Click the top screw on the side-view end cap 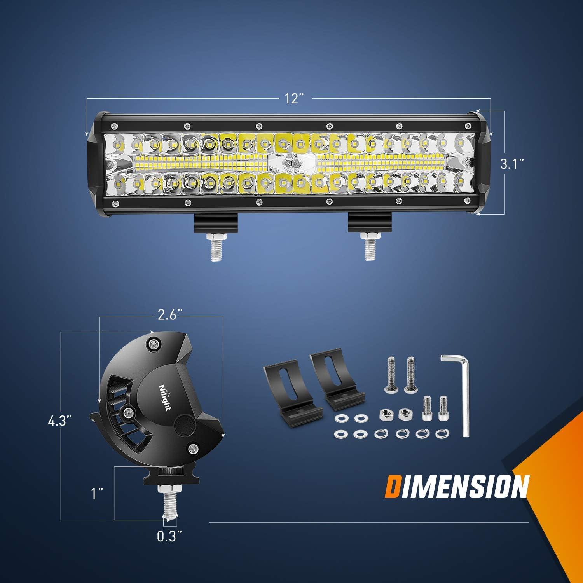tap(155, 343)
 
